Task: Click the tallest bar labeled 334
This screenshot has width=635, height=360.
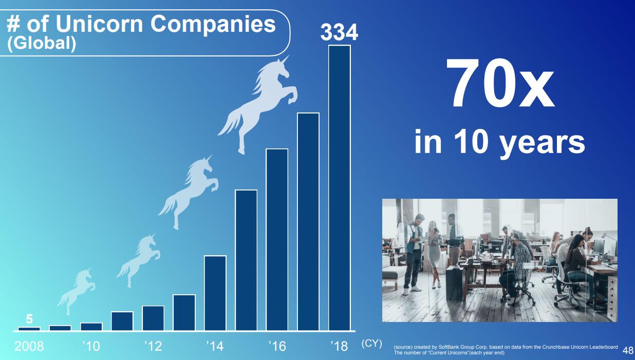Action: click(x=339, y=187)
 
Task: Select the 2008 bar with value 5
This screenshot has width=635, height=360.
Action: click(x=29, y=329)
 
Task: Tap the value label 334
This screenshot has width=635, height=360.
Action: click(x=339, y=32)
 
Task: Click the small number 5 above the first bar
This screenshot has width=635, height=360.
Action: click(x=29, y=319)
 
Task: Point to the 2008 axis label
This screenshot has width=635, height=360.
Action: click(x=29, y=346)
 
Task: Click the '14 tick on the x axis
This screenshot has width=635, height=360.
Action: click(x=215, y=346)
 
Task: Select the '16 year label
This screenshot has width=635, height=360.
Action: click(x=277, y=346)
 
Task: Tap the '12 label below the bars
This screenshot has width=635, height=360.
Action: click(x=153, y=346)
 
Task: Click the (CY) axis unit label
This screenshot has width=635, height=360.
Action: click(x=371, y=344)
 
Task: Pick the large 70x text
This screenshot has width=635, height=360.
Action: click(x=499, y=83)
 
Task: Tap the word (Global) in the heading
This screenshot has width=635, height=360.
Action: click(x=42, y=43)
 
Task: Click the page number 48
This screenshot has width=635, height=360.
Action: click(x=628, y=350)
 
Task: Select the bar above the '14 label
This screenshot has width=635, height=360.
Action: click(x=215, y=293)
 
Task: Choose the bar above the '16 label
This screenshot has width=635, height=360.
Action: click(x=277, y=239)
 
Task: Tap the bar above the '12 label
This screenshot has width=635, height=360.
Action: click(x=153, y=318)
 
